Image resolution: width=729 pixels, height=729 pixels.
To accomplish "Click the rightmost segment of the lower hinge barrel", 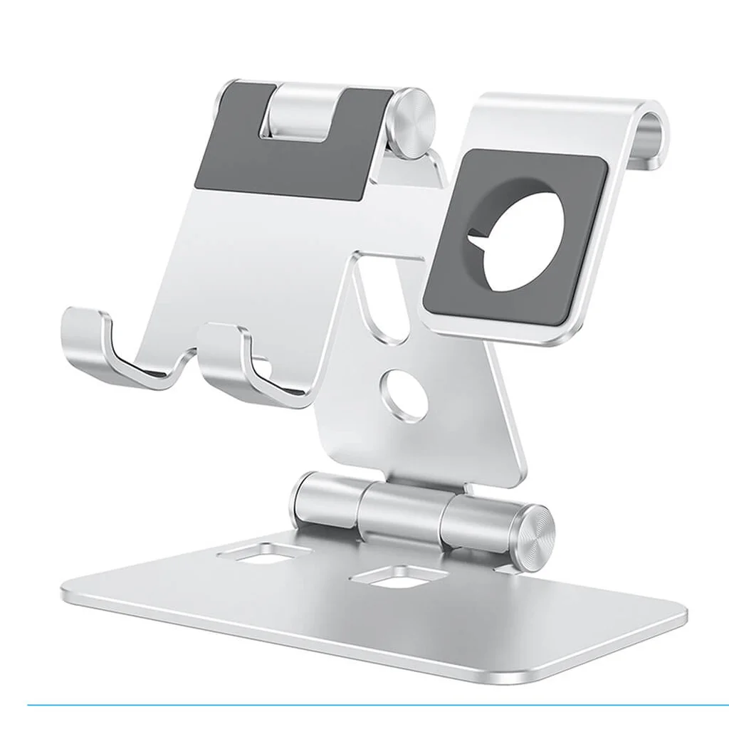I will click(x=477, y=520).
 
